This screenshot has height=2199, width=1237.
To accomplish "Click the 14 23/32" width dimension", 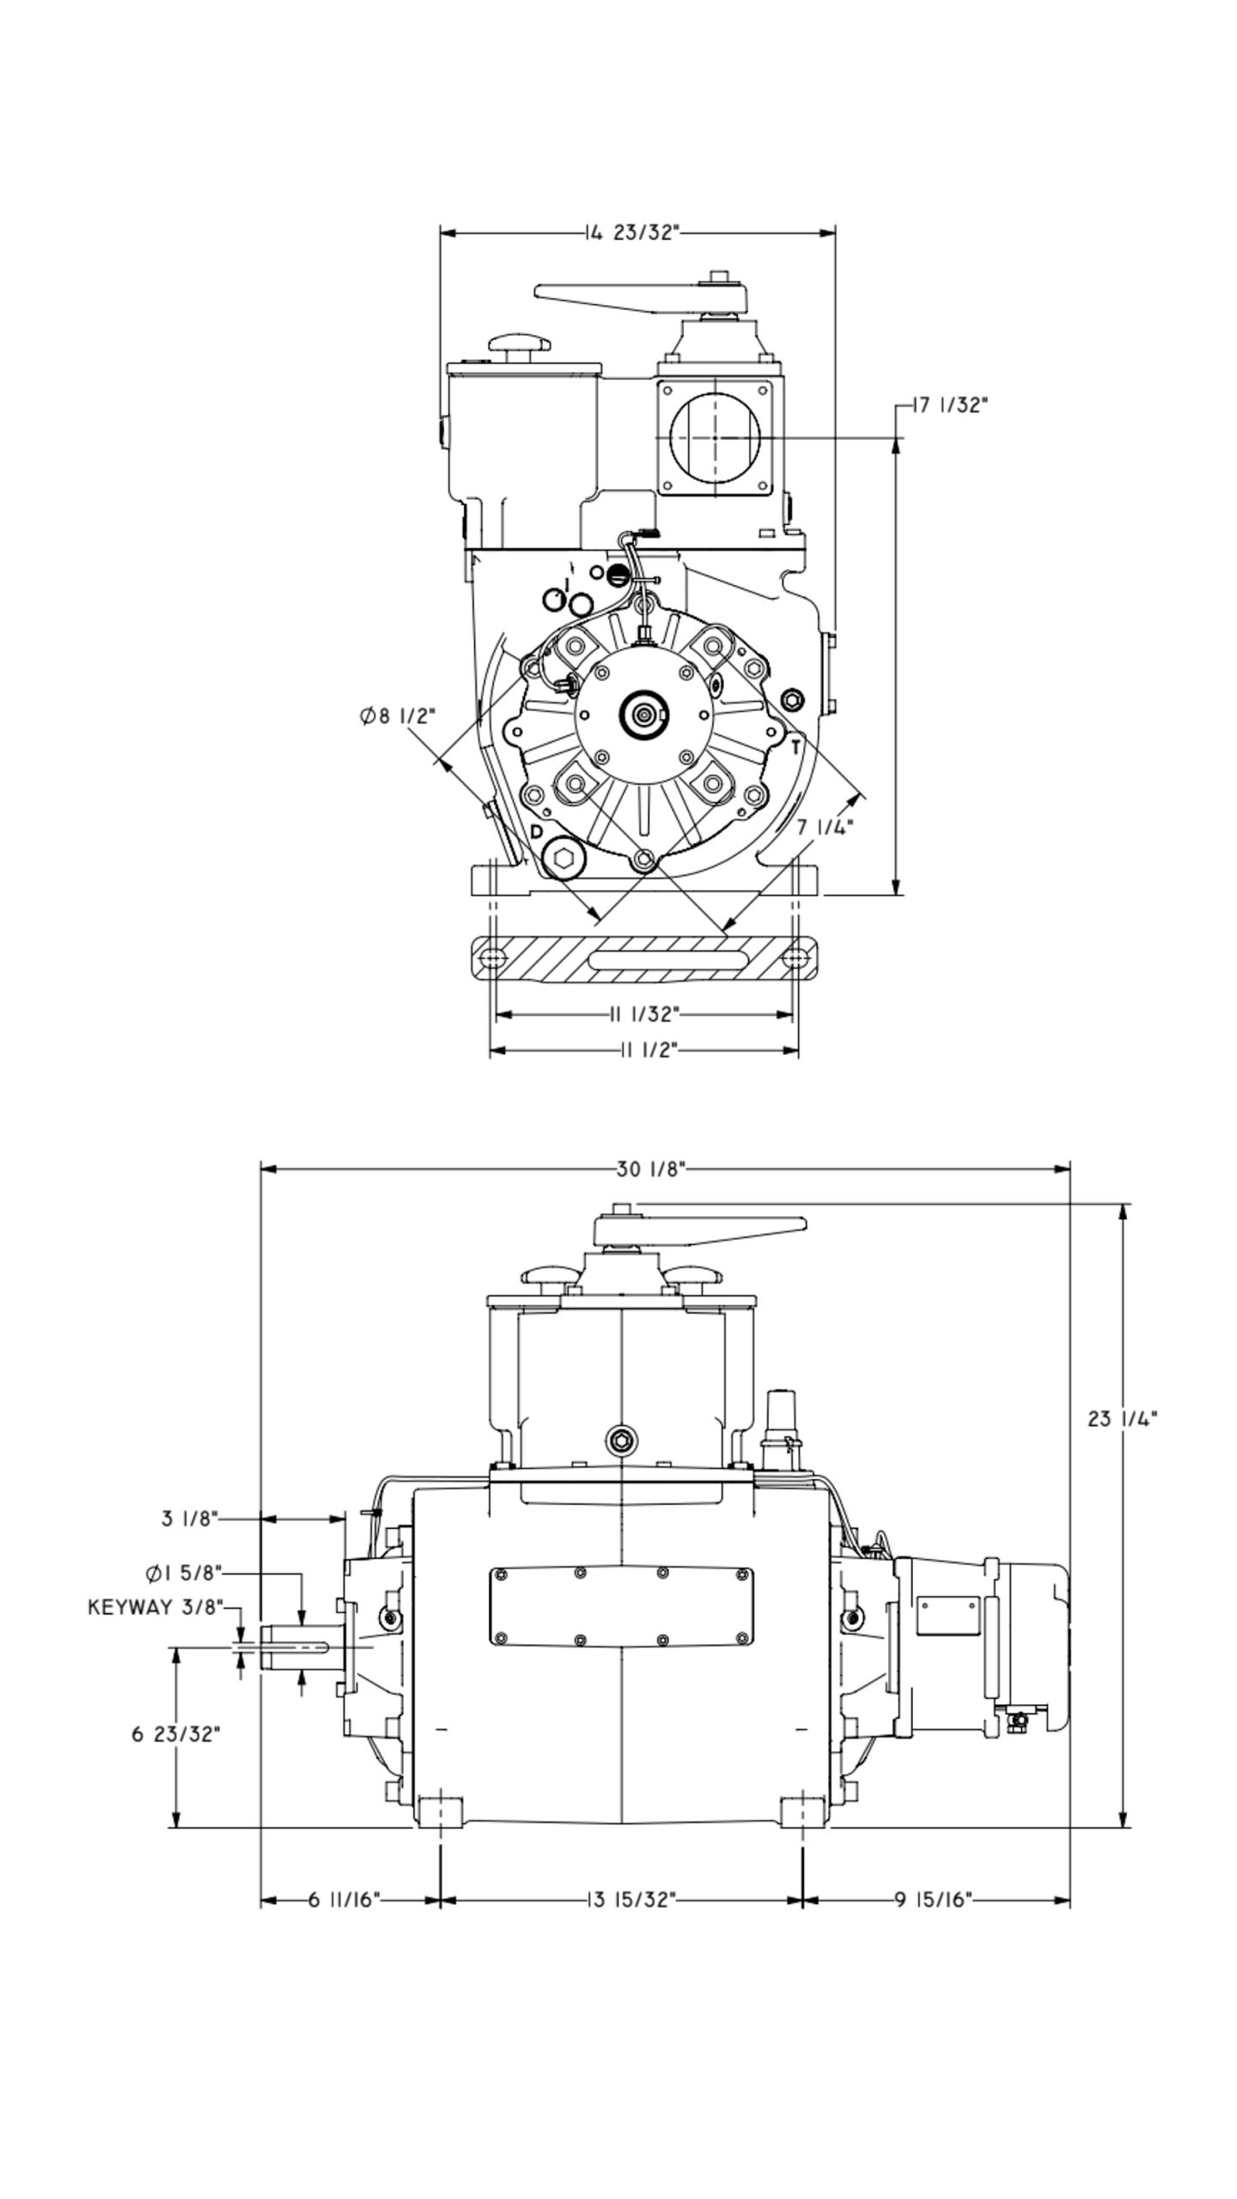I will click(x=634, y=233).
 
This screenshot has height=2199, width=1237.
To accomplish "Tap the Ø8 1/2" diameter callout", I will click(x=398, y=715).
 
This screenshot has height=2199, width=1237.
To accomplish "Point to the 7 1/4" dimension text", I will click(x=825, y=827).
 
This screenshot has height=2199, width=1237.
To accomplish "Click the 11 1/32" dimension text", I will click(x=644, y=1014).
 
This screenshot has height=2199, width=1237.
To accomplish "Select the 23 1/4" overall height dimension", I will click(x=1122, y=1419).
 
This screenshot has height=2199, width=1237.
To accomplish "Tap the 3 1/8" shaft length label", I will click(x=191, y=1519).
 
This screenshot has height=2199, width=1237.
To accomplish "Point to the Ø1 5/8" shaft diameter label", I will click(x=184, y=1573).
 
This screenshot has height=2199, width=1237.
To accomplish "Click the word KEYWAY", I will click(x=130, y=1607).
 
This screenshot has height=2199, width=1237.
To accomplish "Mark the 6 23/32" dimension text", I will click(x=176, y=1733).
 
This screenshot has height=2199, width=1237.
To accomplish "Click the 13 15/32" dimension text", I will click(x=632, y=1899).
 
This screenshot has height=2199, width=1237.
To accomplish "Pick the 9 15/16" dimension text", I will click(x=933, y=1899).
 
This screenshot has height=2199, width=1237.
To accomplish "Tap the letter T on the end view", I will click(x=795, y=747).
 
